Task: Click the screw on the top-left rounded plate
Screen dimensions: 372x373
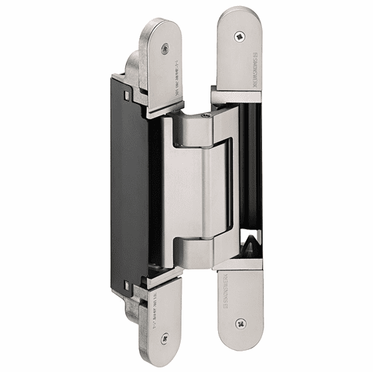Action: [x=165, y=48]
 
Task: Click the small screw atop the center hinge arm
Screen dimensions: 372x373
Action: [x=205, y=115]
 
